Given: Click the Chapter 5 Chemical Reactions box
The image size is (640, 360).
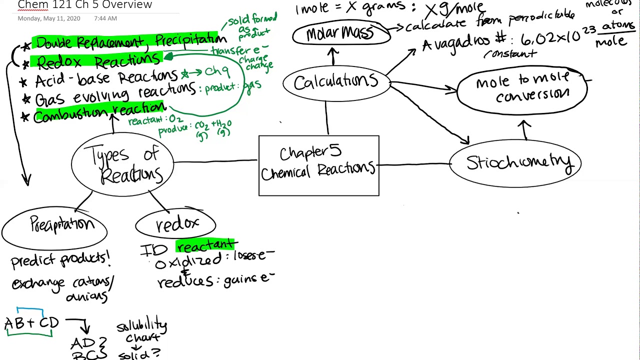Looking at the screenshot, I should tap(318, 165).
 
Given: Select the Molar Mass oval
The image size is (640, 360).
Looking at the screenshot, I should tap(341, 34).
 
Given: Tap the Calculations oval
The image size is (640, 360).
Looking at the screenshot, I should tap(336, 83).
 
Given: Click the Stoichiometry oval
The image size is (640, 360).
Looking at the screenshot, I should tap(515, 163).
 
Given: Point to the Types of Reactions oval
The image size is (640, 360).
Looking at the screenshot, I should tap(123, 164).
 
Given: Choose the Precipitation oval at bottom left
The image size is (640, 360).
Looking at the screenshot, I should tap(54, 226).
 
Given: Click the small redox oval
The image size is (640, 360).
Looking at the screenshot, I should tap(175, 224).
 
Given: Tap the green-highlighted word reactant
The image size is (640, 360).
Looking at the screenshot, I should tap(204, 245).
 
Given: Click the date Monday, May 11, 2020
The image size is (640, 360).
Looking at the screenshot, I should tap(49, 18).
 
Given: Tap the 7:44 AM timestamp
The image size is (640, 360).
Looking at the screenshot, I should tap(105, 18).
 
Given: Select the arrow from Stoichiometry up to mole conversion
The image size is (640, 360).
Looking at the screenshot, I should tap(523, 129).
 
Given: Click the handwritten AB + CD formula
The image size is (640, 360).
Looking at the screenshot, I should tap(31, 323).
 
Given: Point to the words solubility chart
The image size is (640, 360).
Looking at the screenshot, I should tap(142, 331).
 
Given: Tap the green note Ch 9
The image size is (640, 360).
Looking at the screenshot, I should tap(216, 72).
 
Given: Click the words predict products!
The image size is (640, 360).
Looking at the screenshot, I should tap(60, 260).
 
